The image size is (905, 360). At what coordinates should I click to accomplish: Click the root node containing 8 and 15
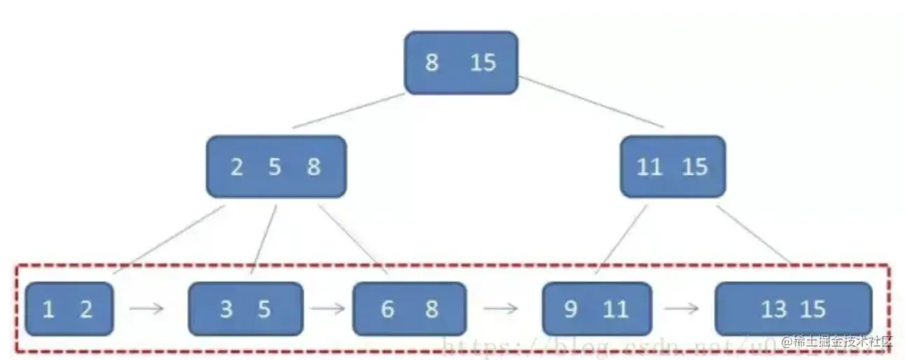pyautogui.click(x=461, y=62)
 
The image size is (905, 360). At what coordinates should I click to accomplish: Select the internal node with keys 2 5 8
pyautogui.click(x=276, y=167)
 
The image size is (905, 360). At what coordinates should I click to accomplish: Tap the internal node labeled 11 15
pyautogui.click(x=672, y=167)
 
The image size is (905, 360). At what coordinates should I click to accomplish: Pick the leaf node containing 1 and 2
pyautogui.click(x=68, y=309)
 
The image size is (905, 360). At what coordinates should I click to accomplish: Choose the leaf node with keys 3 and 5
pyautogui.click(x=245, y=309)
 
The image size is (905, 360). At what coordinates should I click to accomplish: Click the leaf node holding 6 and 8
pyautogui.click(x=409, y=309)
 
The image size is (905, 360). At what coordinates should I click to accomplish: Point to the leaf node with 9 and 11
pyautogui.click(x=597, y=309)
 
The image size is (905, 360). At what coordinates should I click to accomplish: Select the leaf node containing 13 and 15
pyautogui.click(x=793, y=309)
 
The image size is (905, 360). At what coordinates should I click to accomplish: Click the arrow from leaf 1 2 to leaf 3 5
pyautogui.click(x=148, y=309)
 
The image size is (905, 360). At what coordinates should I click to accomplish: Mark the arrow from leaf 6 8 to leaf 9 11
pyautogui.click(x=502, y=309)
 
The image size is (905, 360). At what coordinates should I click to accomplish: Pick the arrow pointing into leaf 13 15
pyautogui.click(x=683, y=309)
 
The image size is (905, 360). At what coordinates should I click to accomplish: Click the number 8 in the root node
pyautogui.click(x=432, y=63)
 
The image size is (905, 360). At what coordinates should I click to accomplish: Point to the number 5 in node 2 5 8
pyautogui.click(x=275, y=167)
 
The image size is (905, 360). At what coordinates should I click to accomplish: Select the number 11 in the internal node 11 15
pyautogui.click(x=650, y=167)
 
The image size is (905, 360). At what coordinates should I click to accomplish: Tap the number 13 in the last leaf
pyautogui.click(x=774, y=309)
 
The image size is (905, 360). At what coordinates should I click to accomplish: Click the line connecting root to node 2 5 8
pyautogui.click(x=349, y=111)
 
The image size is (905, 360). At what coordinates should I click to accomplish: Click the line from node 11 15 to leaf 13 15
pyautogui.click(x=754, y=235)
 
